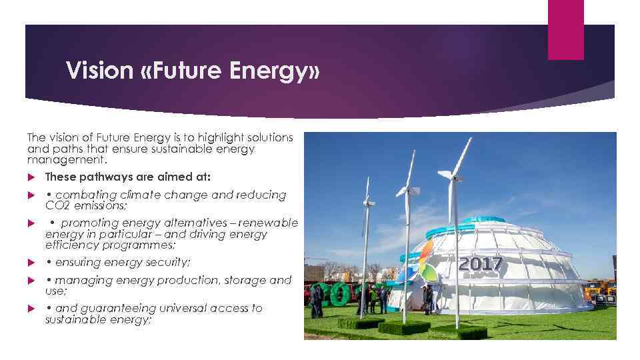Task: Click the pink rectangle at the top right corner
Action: point(565,29)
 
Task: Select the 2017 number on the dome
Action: point(480,264)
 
